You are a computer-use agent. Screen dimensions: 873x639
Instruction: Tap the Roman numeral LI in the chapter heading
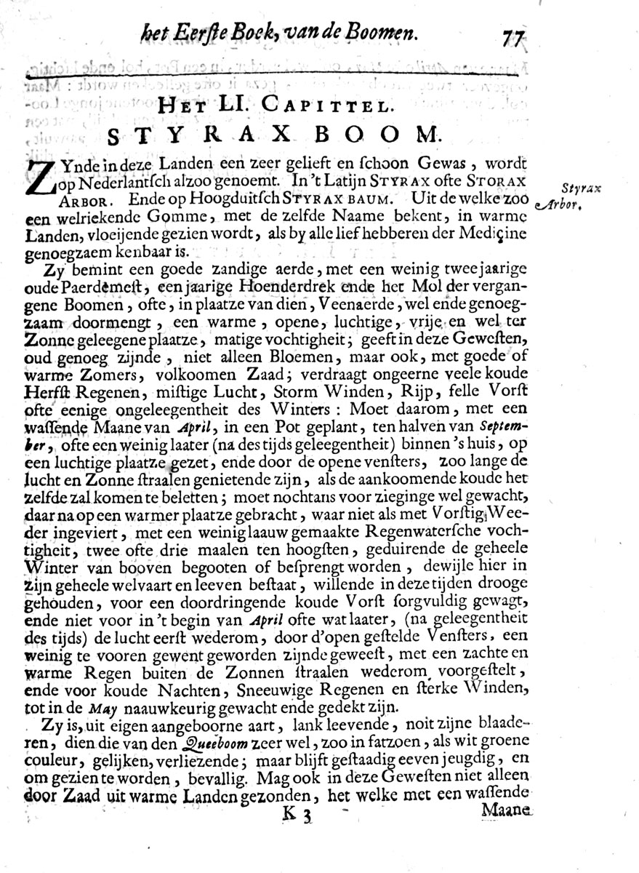[x=234, y=104]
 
